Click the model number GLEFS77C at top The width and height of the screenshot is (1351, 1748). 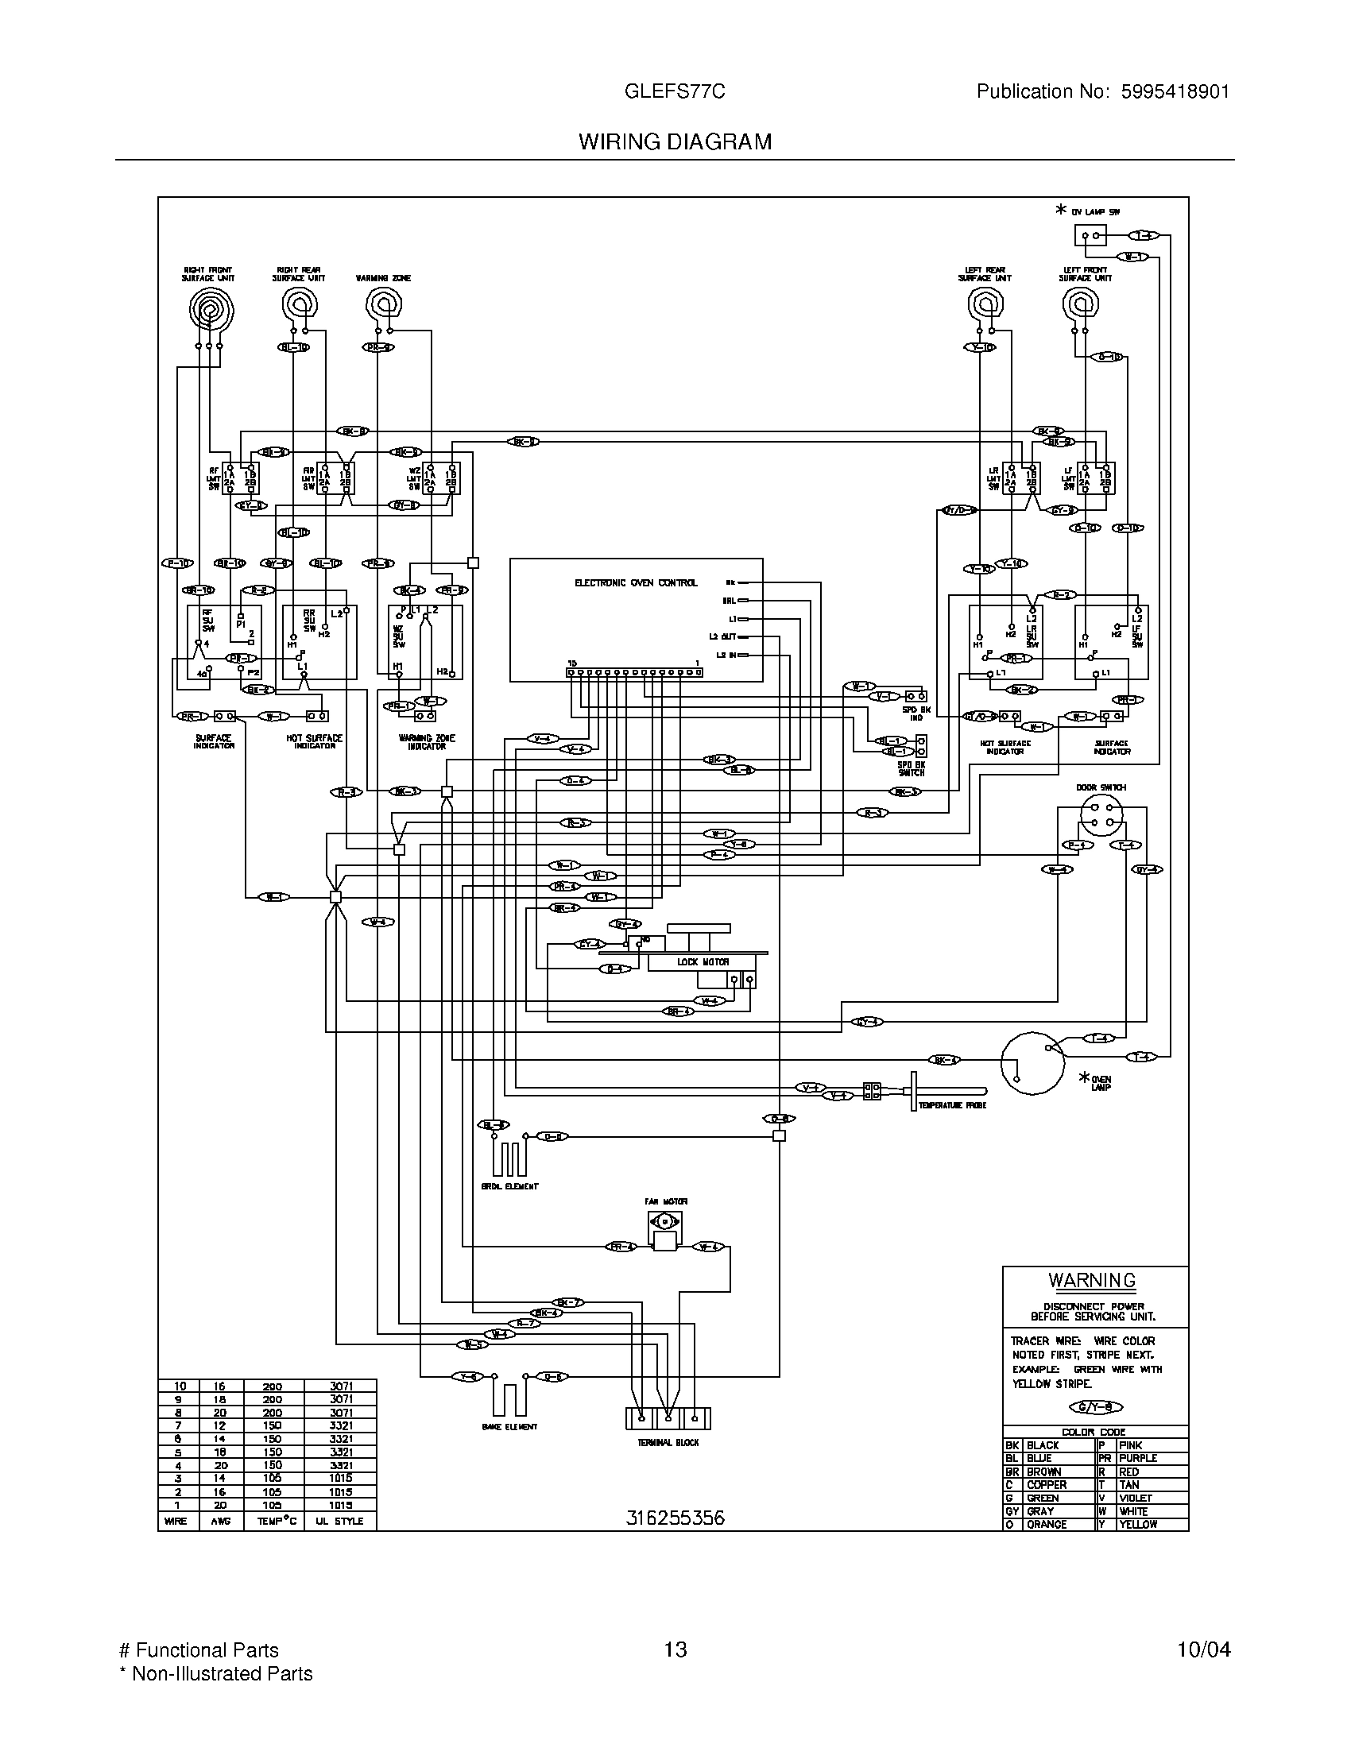tap(675, 92)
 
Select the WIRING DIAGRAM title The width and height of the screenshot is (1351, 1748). tap(675, 142)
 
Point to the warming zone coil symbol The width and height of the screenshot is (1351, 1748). tap(384, 305)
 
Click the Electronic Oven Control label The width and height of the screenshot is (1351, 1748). tap(636, 582)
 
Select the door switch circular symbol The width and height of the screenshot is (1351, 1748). tap(1101, 816)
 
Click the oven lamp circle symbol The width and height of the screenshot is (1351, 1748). tap(1032, 1062)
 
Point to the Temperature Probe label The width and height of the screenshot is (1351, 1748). tap(951, 1104)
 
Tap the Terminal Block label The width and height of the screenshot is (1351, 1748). tap(668, 1443)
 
